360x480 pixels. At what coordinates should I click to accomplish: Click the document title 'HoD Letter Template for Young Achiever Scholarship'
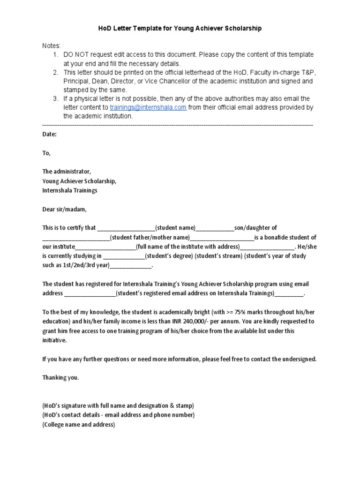click(180, 29)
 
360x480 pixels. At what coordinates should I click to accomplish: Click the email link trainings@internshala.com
click(148, 107)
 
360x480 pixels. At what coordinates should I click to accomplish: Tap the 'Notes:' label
click(52, 46)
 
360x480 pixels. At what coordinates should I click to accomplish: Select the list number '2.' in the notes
click(55, 72)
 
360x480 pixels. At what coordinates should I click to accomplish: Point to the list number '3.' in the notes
click(55, 98)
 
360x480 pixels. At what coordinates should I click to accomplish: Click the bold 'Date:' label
click(49, 134)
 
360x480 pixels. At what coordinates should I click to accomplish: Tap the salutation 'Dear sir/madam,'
click(65, 209)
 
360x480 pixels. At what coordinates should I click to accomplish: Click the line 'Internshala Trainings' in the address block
click(70, 190)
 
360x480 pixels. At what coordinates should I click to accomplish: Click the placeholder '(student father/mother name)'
click(150, 237)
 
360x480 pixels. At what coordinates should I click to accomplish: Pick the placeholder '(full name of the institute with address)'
click(188, 247)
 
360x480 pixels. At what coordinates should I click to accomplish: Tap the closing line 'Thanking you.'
click(61, 378)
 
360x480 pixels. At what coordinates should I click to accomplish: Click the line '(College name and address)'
click(78, 425)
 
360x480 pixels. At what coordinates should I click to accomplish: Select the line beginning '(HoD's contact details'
click(118, 415)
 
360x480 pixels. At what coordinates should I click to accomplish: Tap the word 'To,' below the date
click(46, 153)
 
